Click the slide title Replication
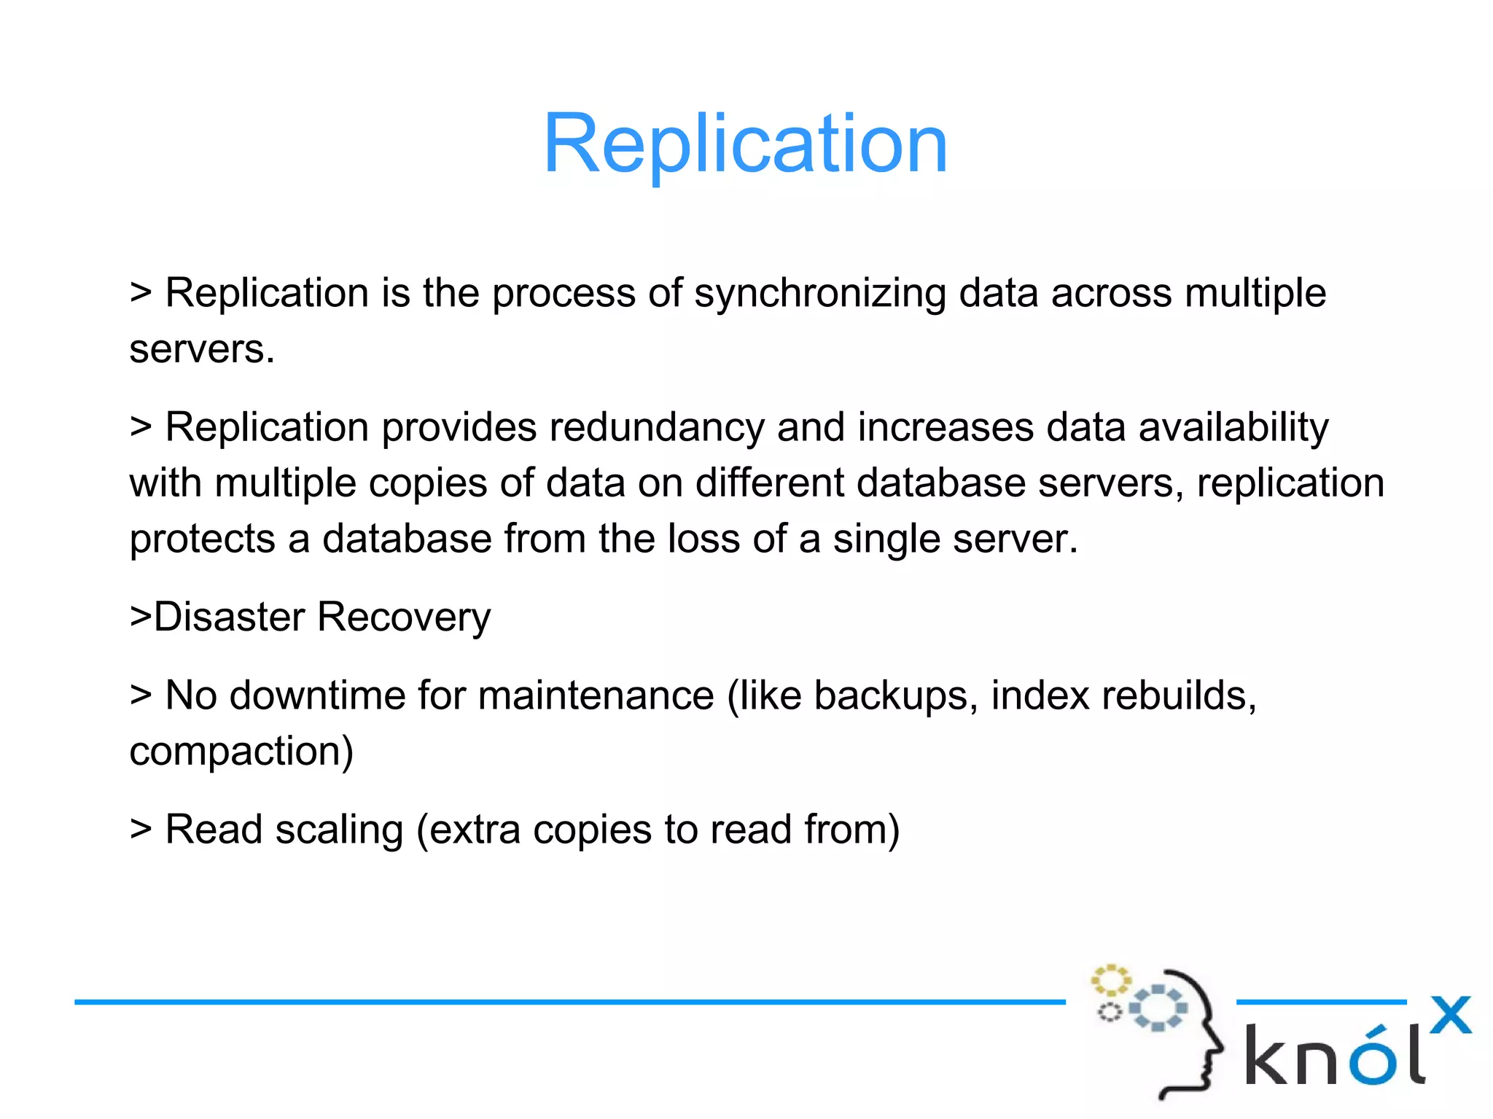pyautogui.click(x=745, y=144)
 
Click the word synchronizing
pyautogui.click(x=819, y=294)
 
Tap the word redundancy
pyautogui.click(x=656, y=428)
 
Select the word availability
pyautogui.click(x=1233, y=428)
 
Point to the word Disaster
pyautogui.click(x=229, y=617)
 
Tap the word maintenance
pyautogui.click(x=596, y=695)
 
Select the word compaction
pyautogui.click(x=241, y=752)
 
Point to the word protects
pyautogui.click(x=202, y=540)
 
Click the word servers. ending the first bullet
pyautogui.click(x=202, y=350)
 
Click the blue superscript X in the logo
pyautogui.click(x=1450, y=1015)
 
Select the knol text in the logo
pyautogui.click(x=1334, y=1056)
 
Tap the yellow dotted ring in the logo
pyautogui.click(x=1110, y=980)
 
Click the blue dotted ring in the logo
pyautogui.click(x=1158, y=1007)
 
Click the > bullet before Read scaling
pyautogui.click(x=141, y=830)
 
